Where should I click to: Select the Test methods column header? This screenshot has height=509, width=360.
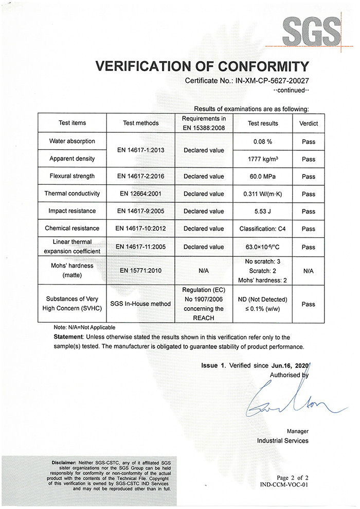pos(141,124)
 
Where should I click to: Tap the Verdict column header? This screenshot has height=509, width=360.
pos(309,124)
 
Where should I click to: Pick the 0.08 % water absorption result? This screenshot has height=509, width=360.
pos(263,142)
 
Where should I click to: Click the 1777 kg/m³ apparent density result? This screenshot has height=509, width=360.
pos(263,159)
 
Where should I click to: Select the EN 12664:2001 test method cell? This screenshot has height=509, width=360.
pos(141,194)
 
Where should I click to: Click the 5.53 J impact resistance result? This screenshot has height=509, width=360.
pos(263,212)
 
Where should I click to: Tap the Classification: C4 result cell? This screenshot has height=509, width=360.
pos(263,229)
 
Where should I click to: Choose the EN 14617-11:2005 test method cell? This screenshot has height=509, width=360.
pos(141,247)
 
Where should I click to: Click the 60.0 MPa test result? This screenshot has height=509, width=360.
pos(263,177)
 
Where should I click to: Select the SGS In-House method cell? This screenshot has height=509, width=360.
pos(141,304)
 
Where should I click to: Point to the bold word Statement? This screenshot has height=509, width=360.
pos(69,337)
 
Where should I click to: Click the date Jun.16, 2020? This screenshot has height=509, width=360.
pos(289,365)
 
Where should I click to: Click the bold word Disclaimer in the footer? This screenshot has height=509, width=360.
pos(62,462)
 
